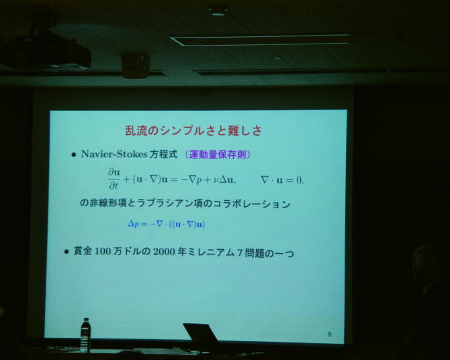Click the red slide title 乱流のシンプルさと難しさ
point(193,131)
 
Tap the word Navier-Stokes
point(114,154)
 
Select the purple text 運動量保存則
point(218,154)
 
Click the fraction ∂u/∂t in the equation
point(114,179)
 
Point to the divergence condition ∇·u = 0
point(282,180)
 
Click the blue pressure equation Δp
point(167,224)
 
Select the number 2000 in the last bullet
point(164,252)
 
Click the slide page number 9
point(329,334)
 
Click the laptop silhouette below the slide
point(201,337)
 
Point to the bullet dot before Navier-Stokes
point(74,155)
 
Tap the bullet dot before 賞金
point(66,252)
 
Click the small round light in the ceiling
point(218,13)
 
